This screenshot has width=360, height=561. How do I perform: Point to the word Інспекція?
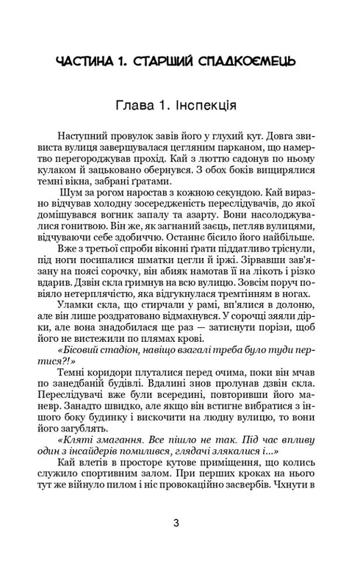click(x=204, y=103)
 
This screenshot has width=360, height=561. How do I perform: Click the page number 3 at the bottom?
click(x=176, y=523)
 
